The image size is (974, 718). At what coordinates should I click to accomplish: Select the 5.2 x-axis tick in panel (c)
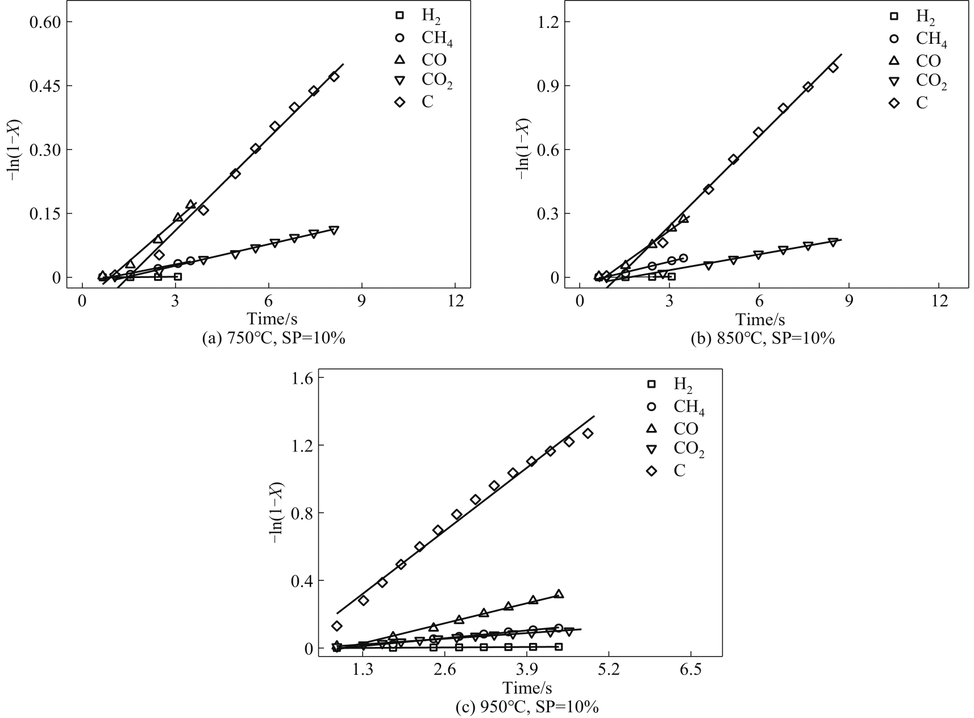609,670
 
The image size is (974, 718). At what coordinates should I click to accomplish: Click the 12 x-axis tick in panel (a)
455,300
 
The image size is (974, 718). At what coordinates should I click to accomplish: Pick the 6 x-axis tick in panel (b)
759,300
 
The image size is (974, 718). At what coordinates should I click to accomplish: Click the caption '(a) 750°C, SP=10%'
274,339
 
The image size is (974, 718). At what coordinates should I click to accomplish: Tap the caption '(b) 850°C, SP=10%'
763,339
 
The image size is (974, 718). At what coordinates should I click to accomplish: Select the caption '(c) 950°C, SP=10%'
527,708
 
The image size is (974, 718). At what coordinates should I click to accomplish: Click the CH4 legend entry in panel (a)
437,39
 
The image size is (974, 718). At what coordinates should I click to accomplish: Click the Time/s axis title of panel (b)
760,318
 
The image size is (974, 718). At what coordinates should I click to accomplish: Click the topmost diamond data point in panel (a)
334,77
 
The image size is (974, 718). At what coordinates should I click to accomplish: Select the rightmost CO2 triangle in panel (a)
334,230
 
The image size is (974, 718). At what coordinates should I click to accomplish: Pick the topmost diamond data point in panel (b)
833,68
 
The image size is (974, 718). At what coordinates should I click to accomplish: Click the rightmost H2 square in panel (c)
559,646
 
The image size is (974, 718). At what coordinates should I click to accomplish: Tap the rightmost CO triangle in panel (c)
559,594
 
